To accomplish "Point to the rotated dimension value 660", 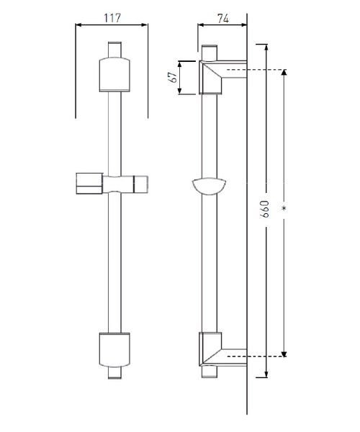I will point(264,209).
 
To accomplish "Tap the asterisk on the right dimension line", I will point(284,209).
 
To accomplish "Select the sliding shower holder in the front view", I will point(112,184).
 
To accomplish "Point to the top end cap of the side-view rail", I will point(209,53).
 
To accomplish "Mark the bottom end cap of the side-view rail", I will point(209,372).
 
